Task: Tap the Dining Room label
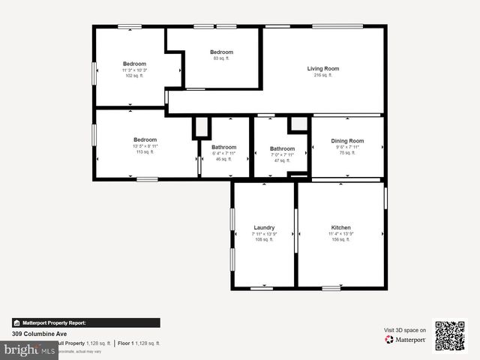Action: [347, 141]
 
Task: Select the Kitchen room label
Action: [340, 228]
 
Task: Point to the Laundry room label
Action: [264, 228]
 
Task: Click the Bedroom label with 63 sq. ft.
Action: [221, 52]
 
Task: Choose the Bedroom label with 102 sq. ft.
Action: [135, 64]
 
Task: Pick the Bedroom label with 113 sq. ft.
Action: [145, 139]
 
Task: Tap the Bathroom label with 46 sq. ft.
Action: [223, 147]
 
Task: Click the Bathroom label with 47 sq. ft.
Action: [282, 148]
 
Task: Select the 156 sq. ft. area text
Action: [340, 240]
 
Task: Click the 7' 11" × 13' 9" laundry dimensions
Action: [264, 234]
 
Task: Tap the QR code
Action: [450, 335]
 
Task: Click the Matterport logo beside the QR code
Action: [405, 340]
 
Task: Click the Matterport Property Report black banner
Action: [85, 322]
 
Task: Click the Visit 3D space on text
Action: [405, 330]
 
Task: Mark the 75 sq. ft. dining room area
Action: [347, 152]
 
